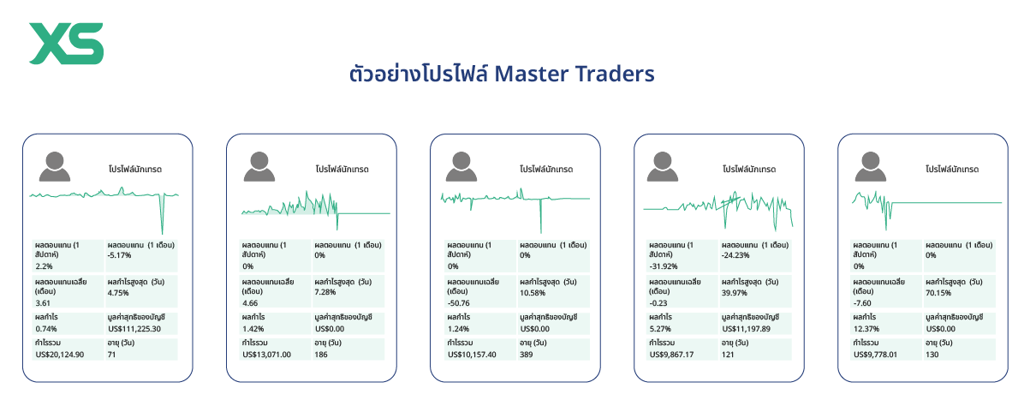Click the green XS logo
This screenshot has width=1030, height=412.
[x=67, y=44]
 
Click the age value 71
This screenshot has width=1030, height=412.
[x=112, y=354]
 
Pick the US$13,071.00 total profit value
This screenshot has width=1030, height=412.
[x=267, y=354]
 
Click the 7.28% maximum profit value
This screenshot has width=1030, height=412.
[x=326, y=292]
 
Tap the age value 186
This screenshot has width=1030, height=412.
[x=321, y=354]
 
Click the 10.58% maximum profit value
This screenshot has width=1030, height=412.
[x=533, y=292]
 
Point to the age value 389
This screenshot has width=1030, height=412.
[x=527, y=354]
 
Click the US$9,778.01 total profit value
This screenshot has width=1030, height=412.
[x=879, y=354]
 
